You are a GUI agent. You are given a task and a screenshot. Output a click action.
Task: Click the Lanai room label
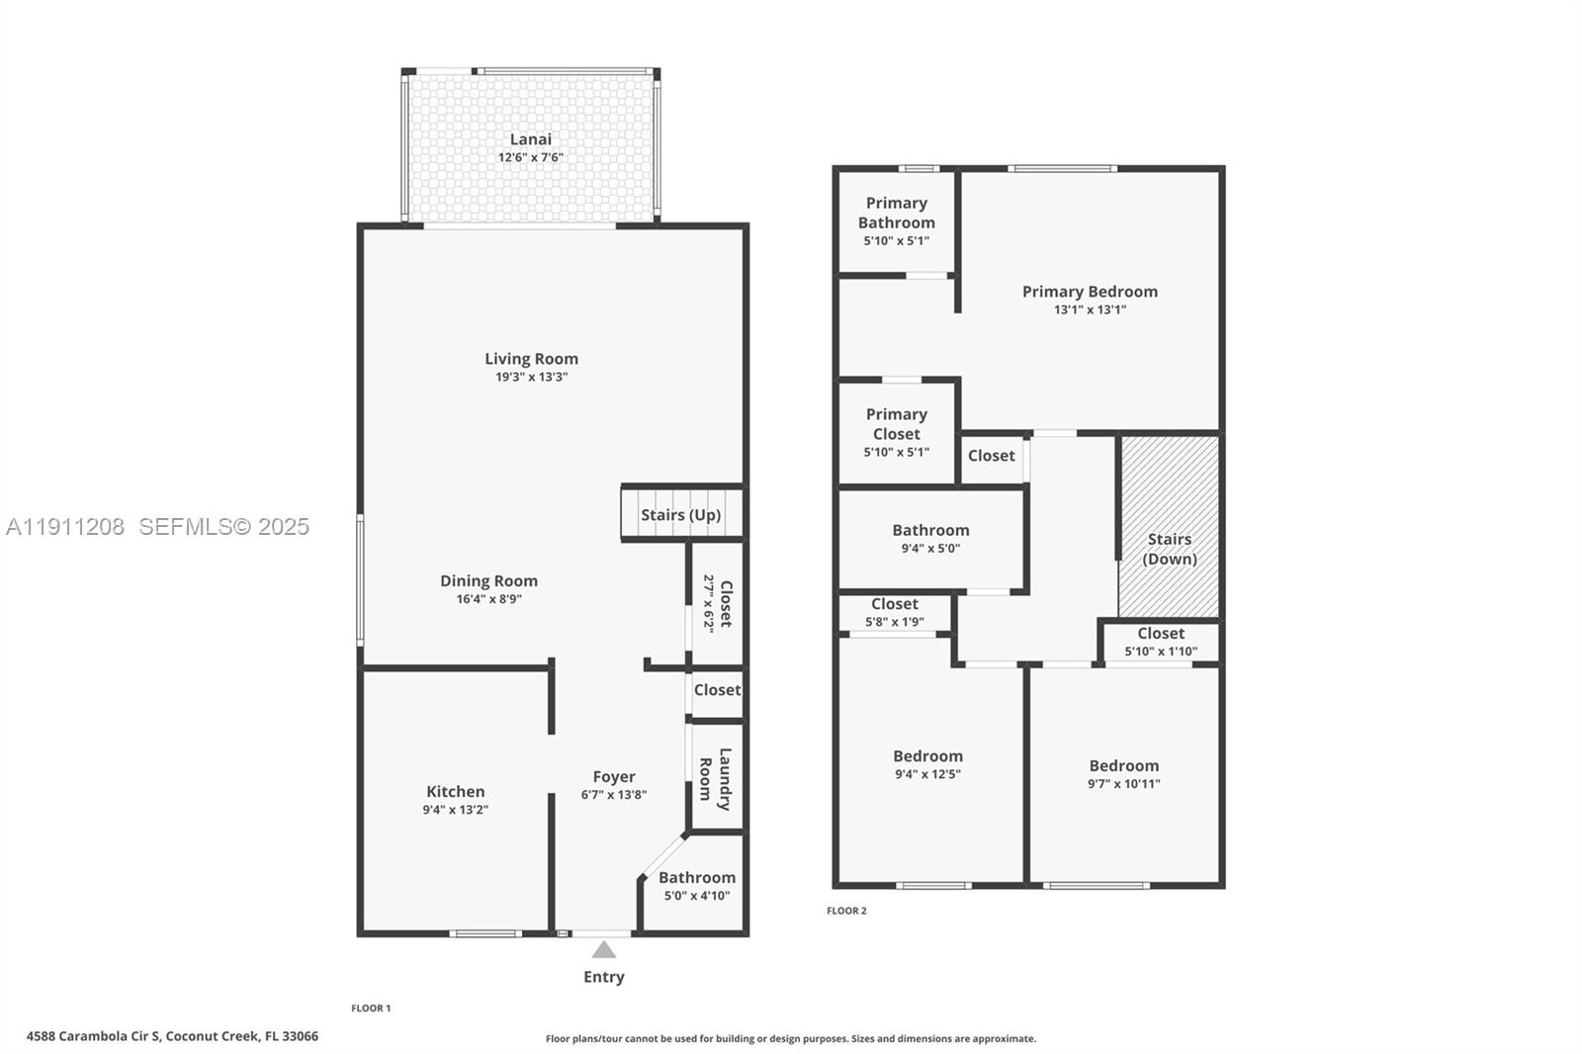(531, 139)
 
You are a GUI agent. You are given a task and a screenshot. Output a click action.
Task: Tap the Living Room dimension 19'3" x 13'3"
(531, 377)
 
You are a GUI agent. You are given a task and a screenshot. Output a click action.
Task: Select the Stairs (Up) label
(680, 515)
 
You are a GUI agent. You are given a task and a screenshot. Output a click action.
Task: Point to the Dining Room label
(488, 580)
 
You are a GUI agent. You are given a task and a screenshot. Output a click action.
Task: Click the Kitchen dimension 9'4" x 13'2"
(455, 810)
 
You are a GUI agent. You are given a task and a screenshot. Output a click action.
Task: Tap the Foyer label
(613, 777)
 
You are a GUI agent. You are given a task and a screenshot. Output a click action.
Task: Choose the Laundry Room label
(715, 779)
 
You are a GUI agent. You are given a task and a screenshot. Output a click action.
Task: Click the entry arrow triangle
(603, 950)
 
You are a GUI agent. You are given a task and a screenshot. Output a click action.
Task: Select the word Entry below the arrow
(603, 977)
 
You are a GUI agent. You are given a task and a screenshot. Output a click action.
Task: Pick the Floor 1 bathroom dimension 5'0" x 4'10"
(696, 896)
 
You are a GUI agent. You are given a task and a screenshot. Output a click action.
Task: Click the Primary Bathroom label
(896, 213)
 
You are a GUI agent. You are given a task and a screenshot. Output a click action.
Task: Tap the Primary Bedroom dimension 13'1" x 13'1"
(1090, 309)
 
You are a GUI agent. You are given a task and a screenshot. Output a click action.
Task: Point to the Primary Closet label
(896, 424)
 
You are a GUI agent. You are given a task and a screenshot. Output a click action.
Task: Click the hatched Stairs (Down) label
(1170, 549)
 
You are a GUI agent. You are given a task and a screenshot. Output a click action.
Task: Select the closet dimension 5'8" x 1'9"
(894, 622)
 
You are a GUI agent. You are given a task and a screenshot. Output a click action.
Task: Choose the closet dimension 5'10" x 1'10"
(1160, 652)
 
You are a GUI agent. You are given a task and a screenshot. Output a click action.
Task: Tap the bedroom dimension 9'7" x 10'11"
(1123, 784)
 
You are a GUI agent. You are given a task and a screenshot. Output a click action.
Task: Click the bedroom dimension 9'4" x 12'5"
(927, 774)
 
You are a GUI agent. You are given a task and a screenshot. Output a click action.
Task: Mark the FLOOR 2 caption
(846, 911)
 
